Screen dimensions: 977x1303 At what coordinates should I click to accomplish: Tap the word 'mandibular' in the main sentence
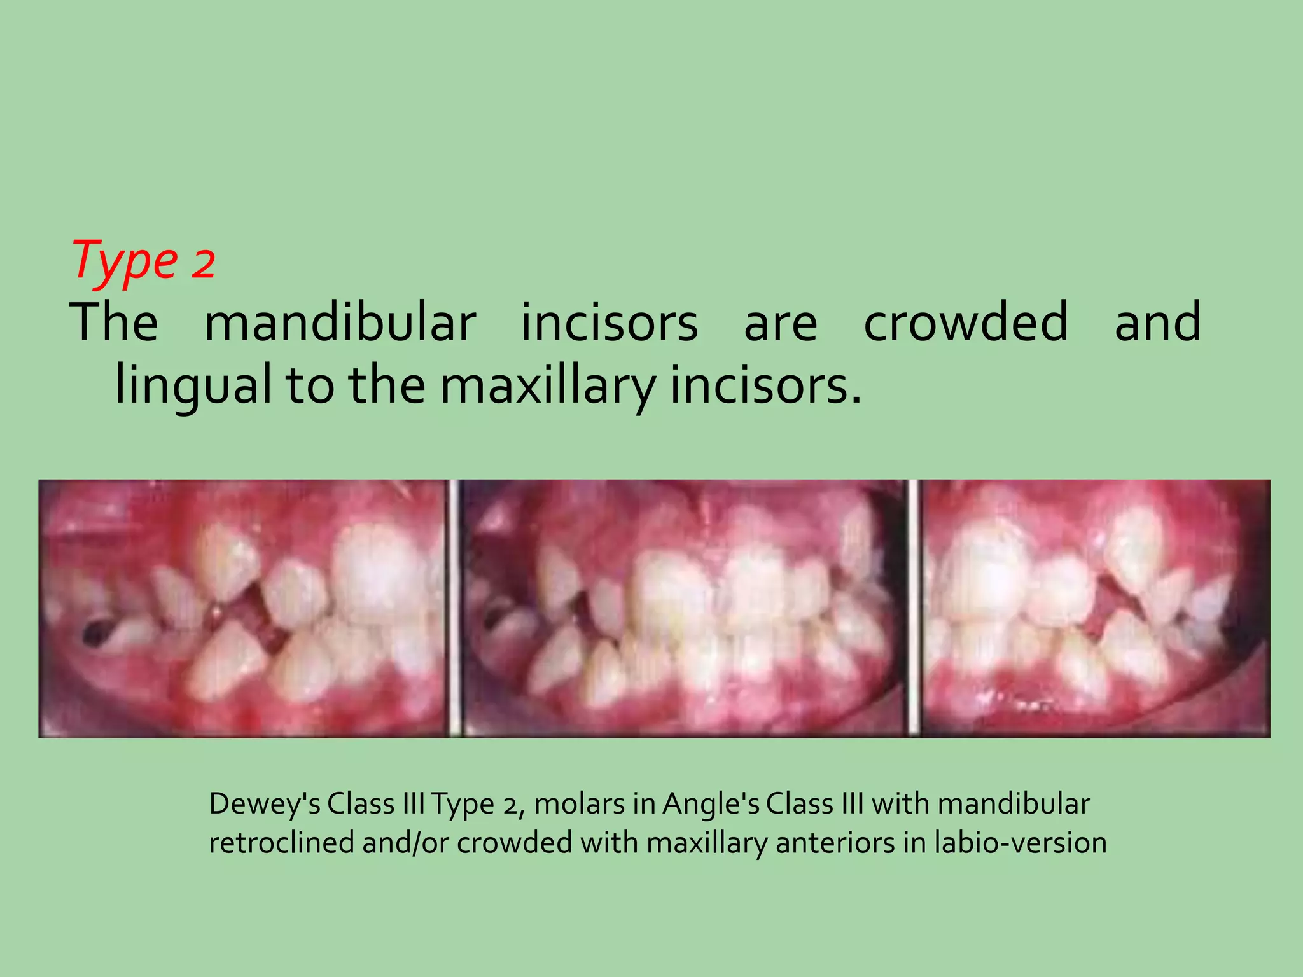340,322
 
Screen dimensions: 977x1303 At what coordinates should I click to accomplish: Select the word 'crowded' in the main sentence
965,322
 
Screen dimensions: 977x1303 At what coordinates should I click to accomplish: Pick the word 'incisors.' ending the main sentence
766,386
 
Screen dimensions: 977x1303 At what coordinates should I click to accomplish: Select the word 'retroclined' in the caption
281,843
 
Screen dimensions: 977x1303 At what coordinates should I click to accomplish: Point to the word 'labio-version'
1021,843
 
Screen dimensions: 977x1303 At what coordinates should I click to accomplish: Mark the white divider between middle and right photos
913,609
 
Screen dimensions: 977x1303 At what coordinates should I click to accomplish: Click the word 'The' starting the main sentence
114,322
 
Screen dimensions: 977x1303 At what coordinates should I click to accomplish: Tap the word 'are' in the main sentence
780,322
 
